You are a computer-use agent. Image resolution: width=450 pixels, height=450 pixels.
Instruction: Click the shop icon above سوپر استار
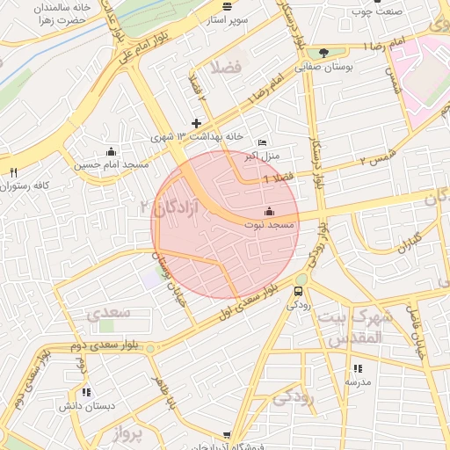tap(228, 6)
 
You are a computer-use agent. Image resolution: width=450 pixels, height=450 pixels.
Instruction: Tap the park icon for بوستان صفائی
tap(325, 54)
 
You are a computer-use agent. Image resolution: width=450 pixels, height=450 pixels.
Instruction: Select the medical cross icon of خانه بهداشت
tap(196, 123)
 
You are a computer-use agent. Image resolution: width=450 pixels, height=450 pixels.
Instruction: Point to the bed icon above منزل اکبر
tap(261, 143)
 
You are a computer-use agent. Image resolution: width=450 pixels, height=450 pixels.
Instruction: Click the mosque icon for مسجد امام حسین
tap(111, 151)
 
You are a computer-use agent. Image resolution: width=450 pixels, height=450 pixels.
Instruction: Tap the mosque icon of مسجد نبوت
tap(269, 212)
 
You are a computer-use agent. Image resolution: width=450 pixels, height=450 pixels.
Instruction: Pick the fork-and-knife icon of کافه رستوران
tap(13, 172)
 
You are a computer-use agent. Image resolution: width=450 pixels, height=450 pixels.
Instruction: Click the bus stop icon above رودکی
tap(299, 291)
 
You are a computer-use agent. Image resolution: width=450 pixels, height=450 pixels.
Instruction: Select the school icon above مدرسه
tap(358, 369)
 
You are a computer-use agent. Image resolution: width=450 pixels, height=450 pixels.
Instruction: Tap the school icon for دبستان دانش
tap(85, 392)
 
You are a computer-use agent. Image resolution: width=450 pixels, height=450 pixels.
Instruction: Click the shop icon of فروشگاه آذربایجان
tap(228, 436)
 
